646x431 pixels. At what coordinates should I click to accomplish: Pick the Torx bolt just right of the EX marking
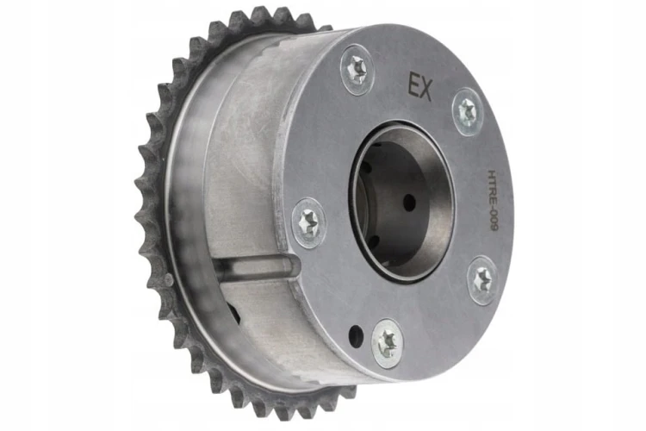point(468,111)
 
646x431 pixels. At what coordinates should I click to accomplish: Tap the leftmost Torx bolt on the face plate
point(309,223)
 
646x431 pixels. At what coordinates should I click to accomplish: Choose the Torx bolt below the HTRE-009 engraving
point(482,280)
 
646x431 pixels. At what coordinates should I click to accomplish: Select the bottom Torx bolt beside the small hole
point(388,343)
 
